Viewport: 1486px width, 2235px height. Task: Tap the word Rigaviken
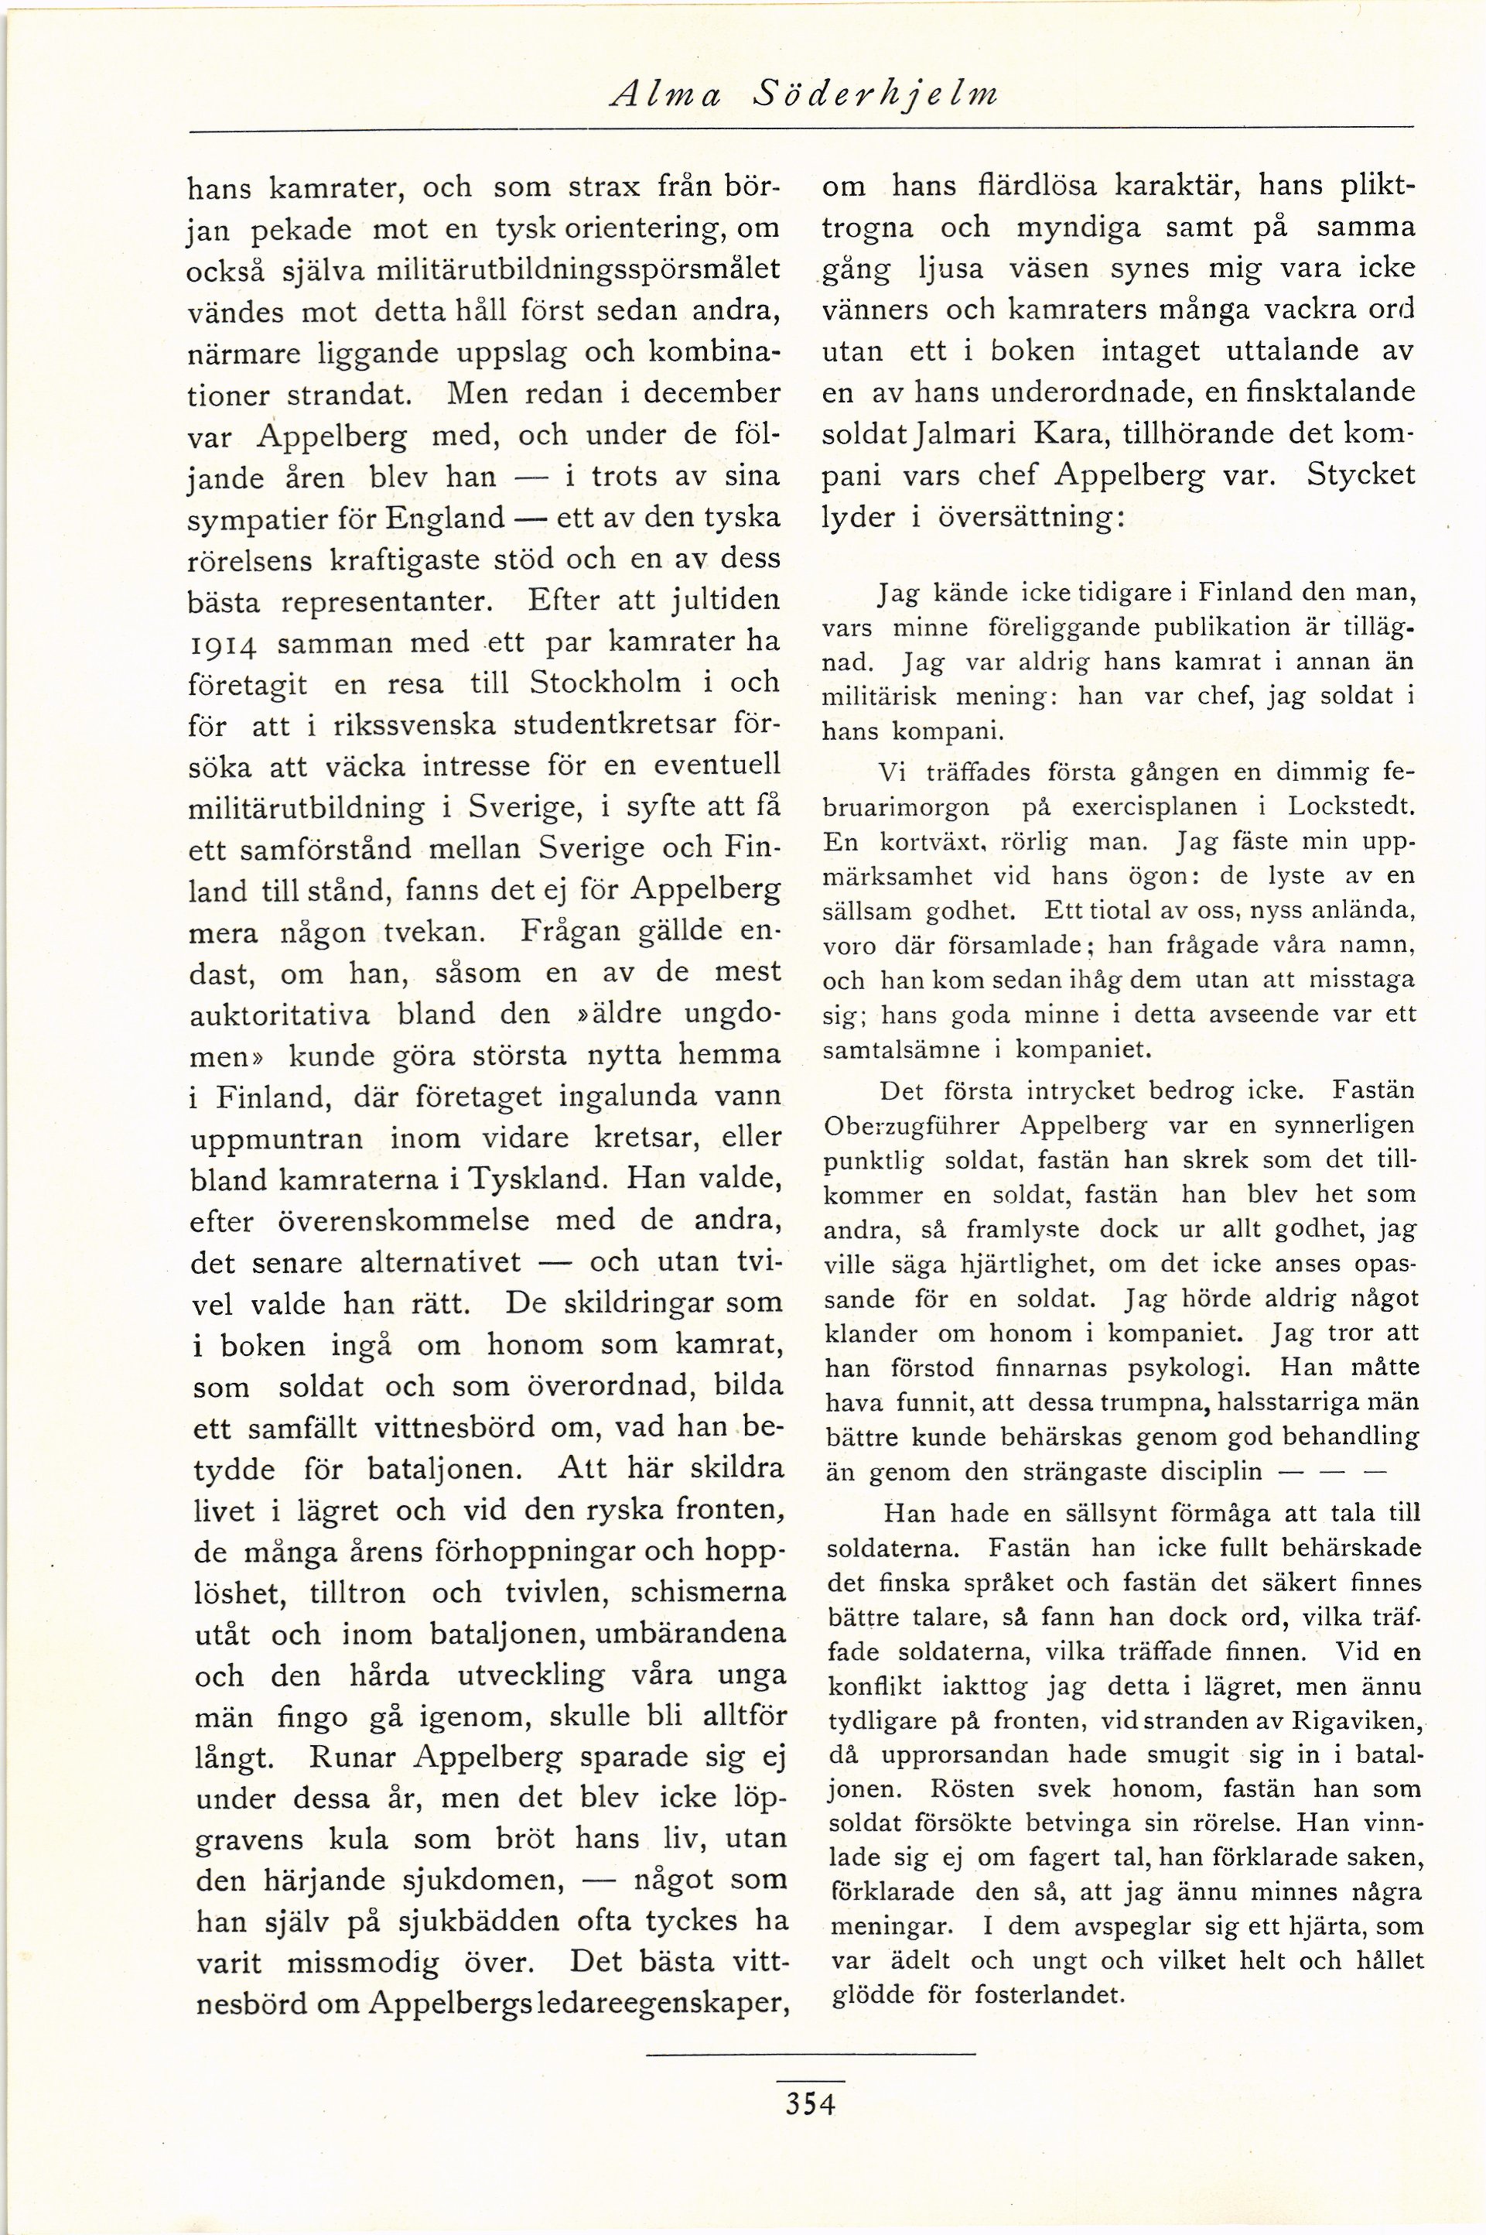point(1353,1720)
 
